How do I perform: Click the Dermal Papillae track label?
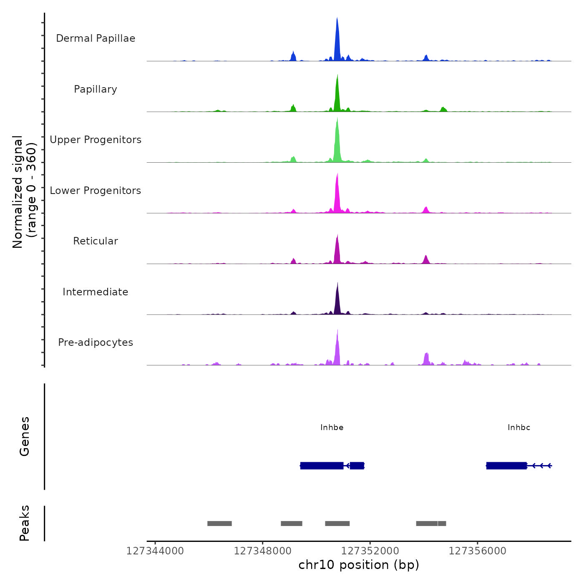[x=96, y=38]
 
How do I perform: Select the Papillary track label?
[x=96, y=89]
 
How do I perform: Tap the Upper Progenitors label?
[x=96, y=140]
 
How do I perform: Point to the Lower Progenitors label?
[x=96, y=191]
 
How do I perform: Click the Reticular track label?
[x=96, y=241]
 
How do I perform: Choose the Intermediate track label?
[x=96, y=292]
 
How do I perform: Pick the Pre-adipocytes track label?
[x=96, y=342]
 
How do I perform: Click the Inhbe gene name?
[x=332, y=428]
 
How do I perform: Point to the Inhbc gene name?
[x=519, y=428]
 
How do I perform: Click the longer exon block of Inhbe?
[x=322, y=466]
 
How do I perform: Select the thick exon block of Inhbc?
[x=506, y=466]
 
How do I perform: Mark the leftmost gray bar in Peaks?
[x=219, y=524]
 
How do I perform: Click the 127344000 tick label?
[x=155, y=551]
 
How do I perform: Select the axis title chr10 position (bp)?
[x=359, y=565]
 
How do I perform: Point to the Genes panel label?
[x=25, y=436]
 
